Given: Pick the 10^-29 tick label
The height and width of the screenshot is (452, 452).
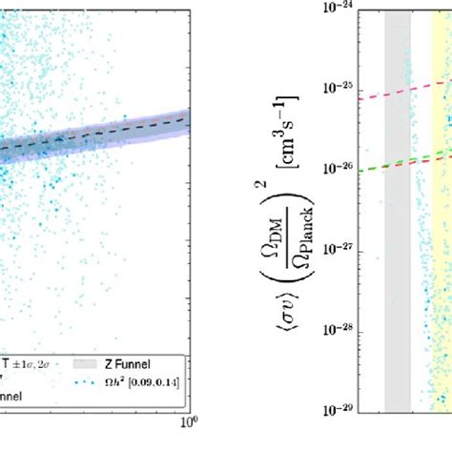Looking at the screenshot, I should [x=347, y=409].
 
